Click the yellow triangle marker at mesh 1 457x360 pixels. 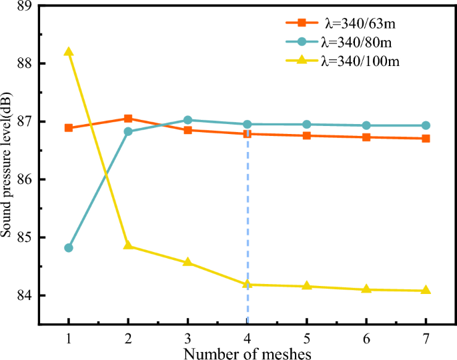tap(69, 52)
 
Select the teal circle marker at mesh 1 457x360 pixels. tap(69, 248)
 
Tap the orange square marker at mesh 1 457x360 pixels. tap(69, 127)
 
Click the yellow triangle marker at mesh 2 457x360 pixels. tap(128, 245)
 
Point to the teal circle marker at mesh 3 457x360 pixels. tap(187, 120)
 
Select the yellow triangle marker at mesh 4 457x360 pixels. tap(248, 284)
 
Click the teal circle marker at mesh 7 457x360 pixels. tap(426, 125)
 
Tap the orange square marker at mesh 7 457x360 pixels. tap(426, 138)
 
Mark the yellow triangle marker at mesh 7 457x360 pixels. tap(426, 290)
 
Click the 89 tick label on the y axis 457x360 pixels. tap(27, 6)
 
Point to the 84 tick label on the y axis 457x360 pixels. tap(27, 295)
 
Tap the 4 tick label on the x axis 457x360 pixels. tap(248, 339)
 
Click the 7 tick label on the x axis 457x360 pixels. tap(426, 339)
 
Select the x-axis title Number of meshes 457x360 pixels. tap(246, 352)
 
